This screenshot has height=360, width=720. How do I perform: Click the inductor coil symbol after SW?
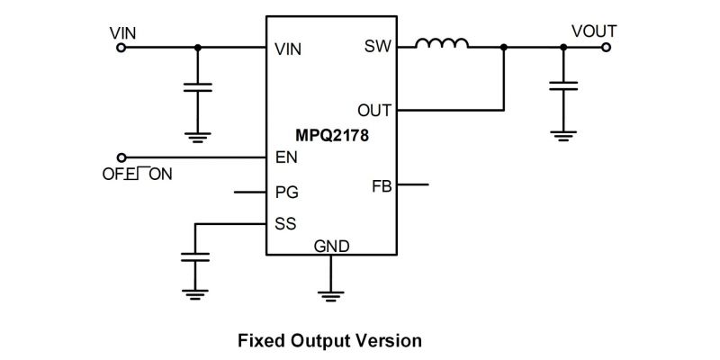442,42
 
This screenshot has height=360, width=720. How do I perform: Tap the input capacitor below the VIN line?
197,87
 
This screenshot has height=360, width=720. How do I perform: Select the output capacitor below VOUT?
563,85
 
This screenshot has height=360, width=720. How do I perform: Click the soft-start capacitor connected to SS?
195,257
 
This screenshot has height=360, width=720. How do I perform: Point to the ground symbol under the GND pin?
330,295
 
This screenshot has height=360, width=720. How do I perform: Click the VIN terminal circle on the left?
121,48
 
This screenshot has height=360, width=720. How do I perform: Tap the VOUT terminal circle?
606,47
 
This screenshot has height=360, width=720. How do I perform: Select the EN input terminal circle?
121,157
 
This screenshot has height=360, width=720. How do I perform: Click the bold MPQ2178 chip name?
331,136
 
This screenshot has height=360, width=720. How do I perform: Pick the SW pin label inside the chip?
377,47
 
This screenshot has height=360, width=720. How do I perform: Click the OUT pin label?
374,111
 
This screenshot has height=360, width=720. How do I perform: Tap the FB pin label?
382,186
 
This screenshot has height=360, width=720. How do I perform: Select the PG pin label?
286,192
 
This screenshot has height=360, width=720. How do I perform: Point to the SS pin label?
285,224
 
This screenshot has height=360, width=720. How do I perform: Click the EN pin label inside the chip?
286,157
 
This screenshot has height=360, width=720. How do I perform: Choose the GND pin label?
331,247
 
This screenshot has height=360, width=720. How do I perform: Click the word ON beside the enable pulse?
161,175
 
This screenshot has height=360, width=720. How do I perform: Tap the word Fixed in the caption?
261,341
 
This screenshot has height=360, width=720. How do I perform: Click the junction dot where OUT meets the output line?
504,47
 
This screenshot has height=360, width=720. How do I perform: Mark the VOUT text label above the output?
594,31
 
